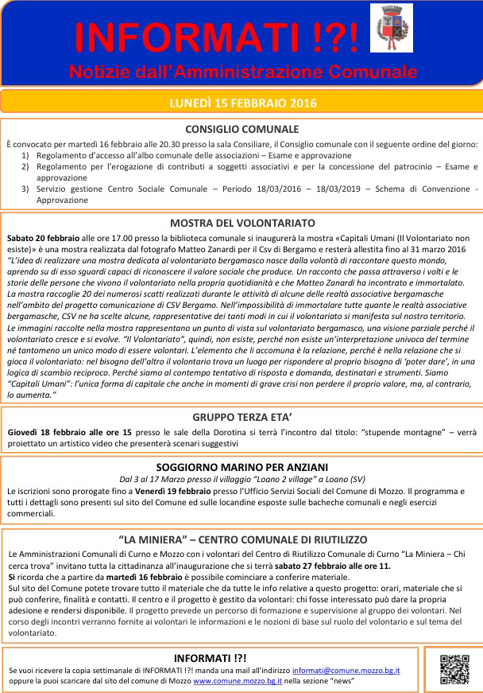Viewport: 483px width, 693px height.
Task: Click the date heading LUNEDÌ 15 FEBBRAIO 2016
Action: coord(241,103)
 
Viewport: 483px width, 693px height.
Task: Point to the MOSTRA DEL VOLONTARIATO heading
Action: coord(241,223)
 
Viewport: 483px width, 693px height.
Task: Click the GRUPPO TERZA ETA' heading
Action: coord(241,417)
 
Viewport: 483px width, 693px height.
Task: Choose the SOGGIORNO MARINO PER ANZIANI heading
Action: coord(241,467)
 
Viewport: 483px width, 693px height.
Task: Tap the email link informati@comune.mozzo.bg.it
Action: coord(346,671)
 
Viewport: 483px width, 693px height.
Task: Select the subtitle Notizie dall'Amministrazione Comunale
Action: coord(242,72)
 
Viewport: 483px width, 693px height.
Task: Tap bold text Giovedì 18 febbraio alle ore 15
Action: coord(70,431)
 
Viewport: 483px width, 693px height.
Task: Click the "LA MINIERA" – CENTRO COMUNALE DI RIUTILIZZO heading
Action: coord(241,539)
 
